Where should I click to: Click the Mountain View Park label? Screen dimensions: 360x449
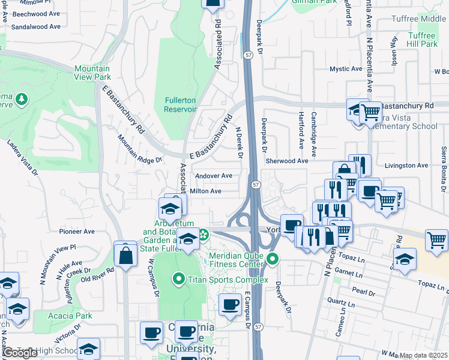(x=92, y=73)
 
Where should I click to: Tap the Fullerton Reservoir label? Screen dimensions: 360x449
(x=180, y=104)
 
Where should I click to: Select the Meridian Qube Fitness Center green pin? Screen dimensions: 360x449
(x=273, y=259)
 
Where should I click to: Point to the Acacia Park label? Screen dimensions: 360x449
(x=71, y=316)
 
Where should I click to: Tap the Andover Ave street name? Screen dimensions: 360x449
(x=214, y=176)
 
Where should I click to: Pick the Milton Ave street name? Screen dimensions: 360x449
(x=206, y=191)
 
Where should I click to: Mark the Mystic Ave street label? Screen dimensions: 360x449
(x=346, y=69)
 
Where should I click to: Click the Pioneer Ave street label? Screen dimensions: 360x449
(x=77, y=231)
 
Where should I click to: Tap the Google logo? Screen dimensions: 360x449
(x=20, y=353)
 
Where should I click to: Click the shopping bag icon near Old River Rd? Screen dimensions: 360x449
(x=126, y=255)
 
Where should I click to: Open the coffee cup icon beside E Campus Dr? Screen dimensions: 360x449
(x=231, y=304)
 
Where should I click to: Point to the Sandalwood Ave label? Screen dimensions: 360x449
(x=36, y=26)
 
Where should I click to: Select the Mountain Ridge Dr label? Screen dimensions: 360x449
(x=140, y=149)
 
